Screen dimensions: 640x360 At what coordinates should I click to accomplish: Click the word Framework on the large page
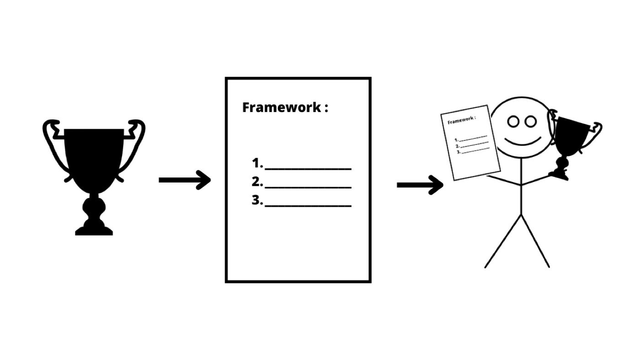(x=282, y=107)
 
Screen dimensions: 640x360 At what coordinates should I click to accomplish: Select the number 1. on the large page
(x=257, y=163)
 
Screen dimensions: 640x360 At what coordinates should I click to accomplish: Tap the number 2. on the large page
(x=257, y=182)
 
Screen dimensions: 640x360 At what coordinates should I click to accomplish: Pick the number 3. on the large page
(x=257, y=200)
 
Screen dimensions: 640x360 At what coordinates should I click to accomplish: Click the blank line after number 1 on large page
(x=308, y=169)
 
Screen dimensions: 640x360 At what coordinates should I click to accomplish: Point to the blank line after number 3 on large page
(x=308, y=205)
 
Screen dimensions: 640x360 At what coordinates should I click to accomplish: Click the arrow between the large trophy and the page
(x=185, y=180)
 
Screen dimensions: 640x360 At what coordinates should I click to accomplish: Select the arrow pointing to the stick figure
(x=420, y=185)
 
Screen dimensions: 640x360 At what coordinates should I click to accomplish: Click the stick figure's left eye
(x=513, y=122)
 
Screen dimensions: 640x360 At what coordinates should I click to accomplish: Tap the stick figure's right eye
(x=531, y=122)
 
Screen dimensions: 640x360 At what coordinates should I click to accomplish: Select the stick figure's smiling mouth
(x=523, y=143)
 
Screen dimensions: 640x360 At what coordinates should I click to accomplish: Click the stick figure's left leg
(x=503, y=242)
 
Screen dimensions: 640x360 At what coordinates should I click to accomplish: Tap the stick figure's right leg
(x=535, y=242)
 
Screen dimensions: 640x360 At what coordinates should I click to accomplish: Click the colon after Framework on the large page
(x=326, y=108)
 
